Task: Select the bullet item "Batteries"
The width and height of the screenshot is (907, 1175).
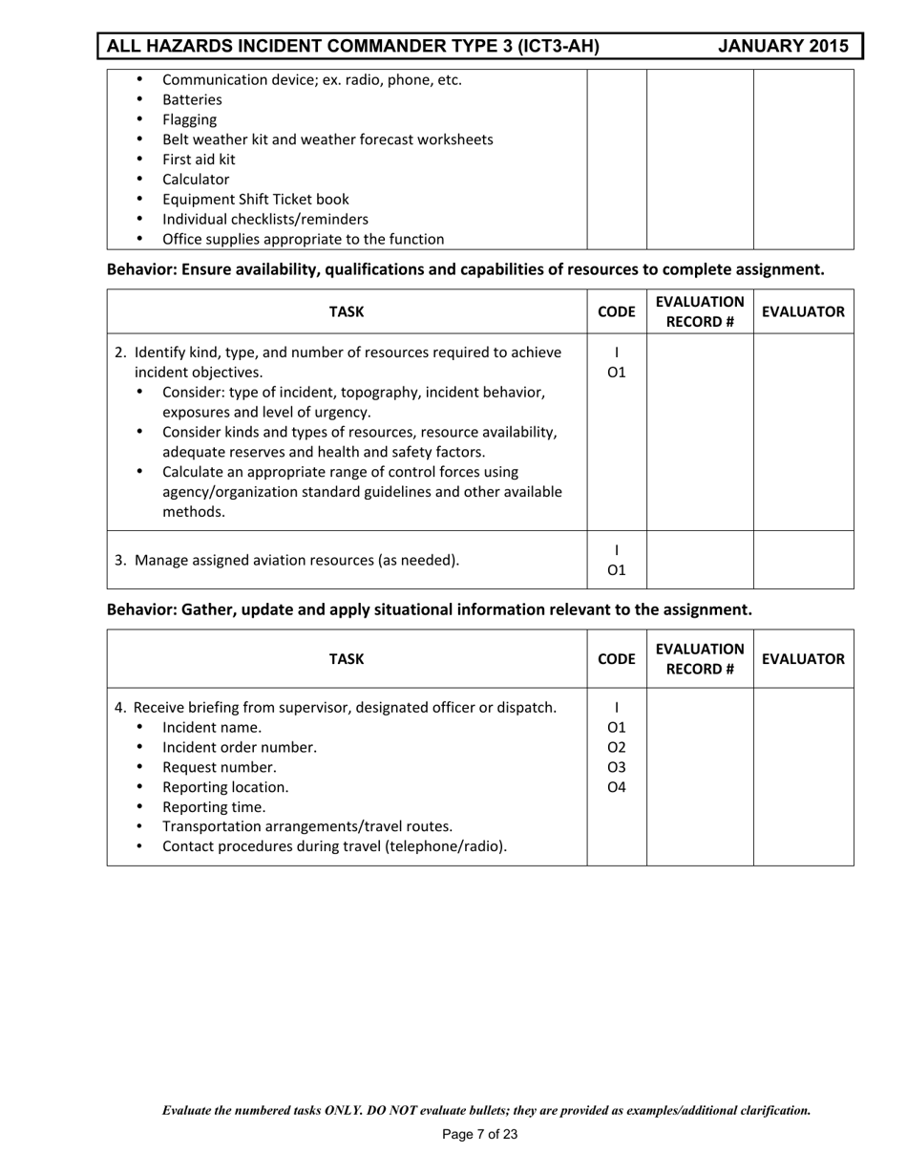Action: pos(192,99)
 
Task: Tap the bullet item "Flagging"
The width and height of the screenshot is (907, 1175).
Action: pos(189,119)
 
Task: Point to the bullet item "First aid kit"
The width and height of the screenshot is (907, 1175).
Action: pos(198,160)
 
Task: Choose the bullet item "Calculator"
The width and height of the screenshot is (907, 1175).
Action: pos(196,180)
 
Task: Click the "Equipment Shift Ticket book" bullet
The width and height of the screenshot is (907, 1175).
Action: pos(255,200)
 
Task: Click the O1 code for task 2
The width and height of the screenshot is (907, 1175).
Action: pos(617,372)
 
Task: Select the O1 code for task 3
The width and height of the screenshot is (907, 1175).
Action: pos(617,570)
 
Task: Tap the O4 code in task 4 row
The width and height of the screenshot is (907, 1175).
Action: pos(617,787)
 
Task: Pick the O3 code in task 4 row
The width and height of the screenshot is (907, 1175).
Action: pos(617,767)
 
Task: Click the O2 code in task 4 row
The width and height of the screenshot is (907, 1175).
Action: pos(617,747)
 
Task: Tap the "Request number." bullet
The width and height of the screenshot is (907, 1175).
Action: pos(219,767)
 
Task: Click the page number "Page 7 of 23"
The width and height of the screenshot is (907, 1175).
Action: pos(480,1135)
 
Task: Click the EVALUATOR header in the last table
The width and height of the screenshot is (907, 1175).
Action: pos(803,658)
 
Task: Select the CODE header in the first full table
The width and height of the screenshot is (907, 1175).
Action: pos(616,311)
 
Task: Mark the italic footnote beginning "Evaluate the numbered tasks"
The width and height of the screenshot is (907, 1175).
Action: pos(486,1110)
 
